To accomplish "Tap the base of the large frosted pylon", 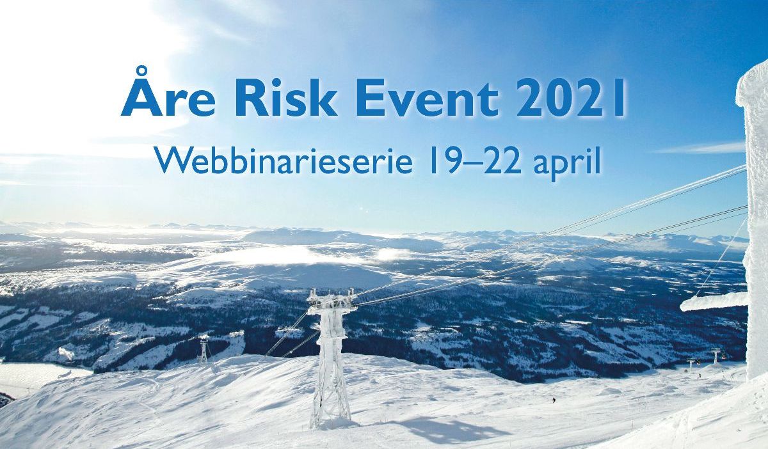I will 330,419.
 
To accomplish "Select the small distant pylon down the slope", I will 203,351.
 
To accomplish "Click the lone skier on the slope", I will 554,400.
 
